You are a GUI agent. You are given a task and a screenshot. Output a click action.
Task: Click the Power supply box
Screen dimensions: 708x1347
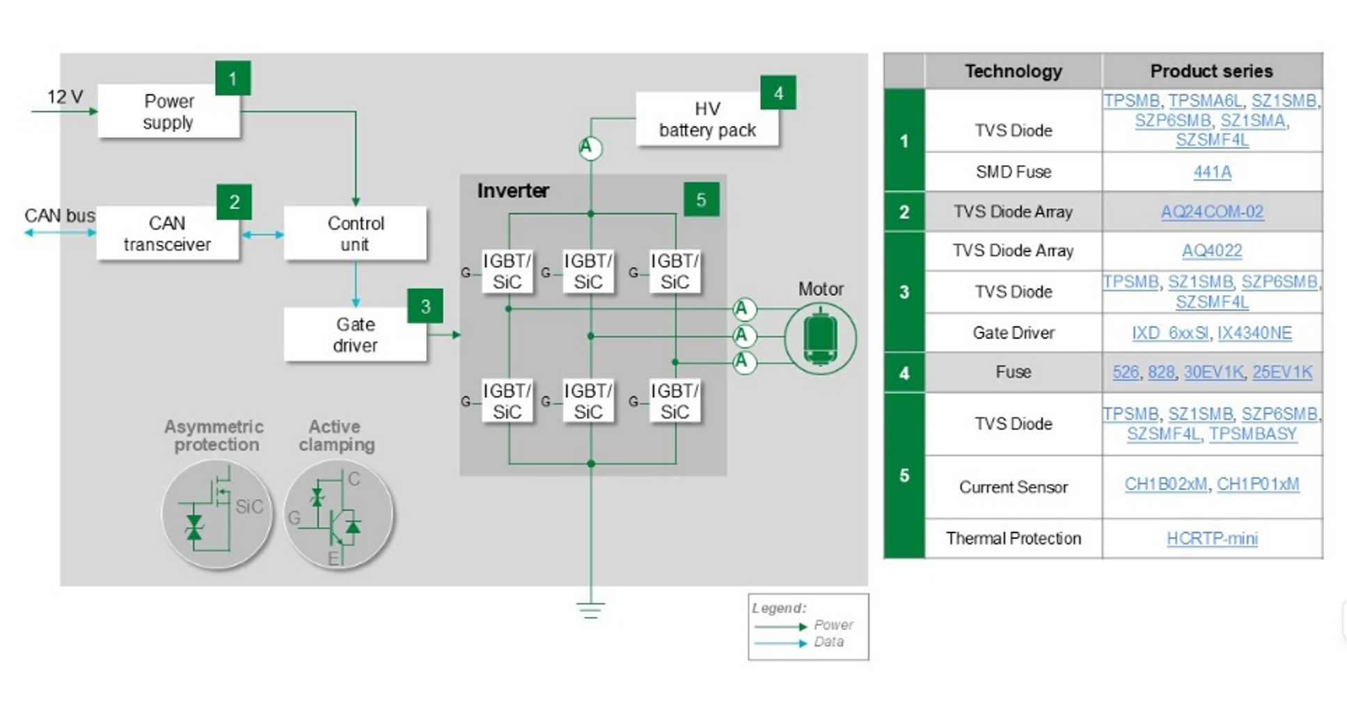pos(168,111)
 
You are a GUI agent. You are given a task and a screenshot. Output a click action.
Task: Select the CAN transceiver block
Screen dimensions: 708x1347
pos(167,234)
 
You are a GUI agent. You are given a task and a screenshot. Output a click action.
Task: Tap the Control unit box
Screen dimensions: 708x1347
pos(355,234)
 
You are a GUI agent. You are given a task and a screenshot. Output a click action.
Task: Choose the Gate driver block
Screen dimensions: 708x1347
pos(355,335)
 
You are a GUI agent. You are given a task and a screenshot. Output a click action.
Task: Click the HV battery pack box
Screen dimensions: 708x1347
pos(707,120)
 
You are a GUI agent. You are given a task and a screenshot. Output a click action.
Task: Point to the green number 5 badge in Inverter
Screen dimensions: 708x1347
pos(701,200)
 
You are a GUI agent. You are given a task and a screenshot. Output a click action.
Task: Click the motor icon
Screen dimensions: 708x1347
pos(820,338)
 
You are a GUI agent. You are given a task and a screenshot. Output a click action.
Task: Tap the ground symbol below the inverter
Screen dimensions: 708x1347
pos(590,611)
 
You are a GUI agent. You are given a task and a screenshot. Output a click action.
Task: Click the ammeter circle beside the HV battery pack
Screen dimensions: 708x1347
pos(590,148)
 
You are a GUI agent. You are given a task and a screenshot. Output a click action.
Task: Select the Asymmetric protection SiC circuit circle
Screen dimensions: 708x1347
pos(216,514)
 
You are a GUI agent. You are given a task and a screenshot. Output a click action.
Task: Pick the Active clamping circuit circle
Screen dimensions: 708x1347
pos(338,514)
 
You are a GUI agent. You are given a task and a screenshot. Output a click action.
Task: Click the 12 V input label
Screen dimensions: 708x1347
pos(65,97)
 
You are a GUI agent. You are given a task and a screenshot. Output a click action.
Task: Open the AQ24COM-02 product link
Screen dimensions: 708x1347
pos(1212,212)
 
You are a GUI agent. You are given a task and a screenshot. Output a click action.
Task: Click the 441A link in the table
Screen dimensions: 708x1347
pos(1212,172)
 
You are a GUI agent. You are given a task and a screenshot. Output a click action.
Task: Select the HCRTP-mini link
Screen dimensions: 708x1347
pos(1212,538)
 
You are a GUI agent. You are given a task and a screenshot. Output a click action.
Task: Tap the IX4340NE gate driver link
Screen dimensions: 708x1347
pos(1254,333)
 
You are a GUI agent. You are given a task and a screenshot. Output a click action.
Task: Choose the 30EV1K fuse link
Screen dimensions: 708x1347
pos(1213,372)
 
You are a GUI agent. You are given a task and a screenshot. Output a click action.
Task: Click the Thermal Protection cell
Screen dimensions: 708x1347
pos(1013,538)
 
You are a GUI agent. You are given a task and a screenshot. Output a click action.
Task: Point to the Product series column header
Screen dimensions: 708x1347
pos(1211,71)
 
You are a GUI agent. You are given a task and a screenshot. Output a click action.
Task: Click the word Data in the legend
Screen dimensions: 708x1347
pos(828,642)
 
